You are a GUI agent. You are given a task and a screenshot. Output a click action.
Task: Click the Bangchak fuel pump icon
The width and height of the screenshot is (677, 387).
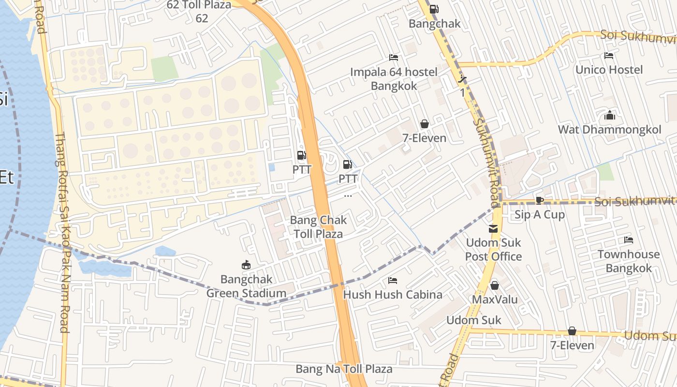coord(434,9)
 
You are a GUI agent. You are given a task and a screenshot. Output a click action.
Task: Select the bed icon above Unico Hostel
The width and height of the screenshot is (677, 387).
coord(609,56)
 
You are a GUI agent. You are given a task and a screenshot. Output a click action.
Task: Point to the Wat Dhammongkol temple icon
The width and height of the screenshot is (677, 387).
coord(609,116)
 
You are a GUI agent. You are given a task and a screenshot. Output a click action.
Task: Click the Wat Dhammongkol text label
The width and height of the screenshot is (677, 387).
coord(609,130)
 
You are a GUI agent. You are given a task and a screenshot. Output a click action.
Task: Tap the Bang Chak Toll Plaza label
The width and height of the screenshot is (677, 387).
coord(318,227)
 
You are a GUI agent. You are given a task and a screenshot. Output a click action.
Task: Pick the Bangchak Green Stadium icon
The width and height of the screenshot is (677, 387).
coord(246,265)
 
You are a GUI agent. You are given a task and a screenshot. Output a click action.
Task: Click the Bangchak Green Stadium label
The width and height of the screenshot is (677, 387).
coord(246,286)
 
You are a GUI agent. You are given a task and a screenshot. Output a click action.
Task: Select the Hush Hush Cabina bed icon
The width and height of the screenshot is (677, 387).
coord(393,281)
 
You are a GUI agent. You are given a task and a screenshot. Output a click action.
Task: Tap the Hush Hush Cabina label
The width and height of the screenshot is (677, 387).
coord(393,295)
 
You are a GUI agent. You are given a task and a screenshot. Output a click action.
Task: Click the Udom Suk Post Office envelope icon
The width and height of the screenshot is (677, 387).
coord(493,229)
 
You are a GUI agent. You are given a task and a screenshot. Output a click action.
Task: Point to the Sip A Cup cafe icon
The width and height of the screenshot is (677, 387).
coord(540,200)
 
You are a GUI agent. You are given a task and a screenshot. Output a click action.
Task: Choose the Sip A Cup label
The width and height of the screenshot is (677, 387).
coord(540,214)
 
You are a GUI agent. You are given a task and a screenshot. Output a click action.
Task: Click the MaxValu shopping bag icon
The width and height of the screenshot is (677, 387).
coord(495,285)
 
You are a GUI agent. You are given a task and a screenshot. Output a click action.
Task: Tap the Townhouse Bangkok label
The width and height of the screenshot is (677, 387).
coord(628,261)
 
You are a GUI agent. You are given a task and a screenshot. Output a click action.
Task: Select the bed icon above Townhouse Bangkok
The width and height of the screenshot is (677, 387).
coord(628,240)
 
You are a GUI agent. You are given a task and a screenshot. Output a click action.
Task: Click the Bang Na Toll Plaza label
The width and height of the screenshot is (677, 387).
coord(344,369)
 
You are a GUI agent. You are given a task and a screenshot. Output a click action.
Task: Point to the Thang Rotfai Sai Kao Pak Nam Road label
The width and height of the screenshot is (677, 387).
coord(62,232)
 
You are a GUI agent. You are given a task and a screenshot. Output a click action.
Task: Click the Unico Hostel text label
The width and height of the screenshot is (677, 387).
coord(609,70)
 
